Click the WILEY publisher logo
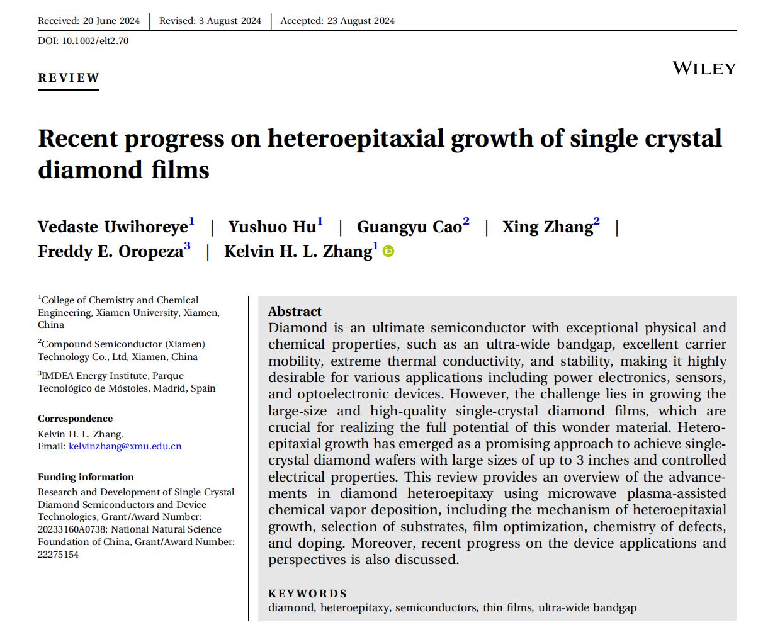click(704, 69)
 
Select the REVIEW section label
click(69, 78)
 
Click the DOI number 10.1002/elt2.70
click(94, 41)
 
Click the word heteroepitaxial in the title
click(356, 138)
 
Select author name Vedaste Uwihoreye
click(113, 227)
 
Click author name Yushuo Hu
click(272, 227)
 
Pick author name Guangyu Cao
click(409, 227)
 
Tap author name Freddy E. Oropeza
click(110, 252)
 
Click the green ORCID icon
click(389, 252)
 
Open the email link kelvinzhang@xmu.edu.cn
click(125, 446)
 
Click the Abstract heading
click(295, 312)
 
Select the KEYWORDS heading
click(307, 594)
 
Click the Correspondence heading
click(75, 419)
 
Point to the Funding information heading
click(86, 477)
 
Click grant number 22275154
click(58, 555)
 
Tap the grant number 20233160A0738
click(72, 529)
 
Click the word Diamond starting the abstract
click(298, 328)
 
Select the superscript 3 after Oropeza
click(187, 246)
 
